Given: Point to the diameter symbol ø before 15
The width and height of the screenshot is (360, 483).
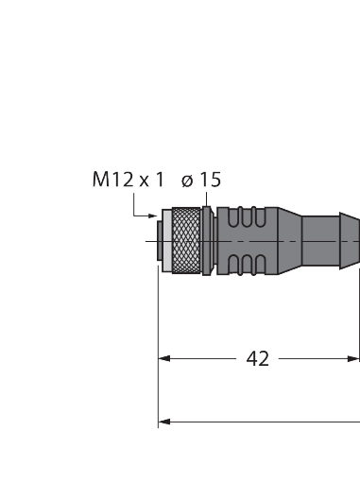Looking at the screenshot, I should pos(187,180).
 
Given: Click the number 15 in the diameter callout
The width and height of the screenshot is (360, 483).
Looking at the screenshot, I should pos(210,180).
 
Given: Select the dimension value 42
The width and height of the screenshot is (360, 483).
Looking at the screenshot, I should pos(257,358).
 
